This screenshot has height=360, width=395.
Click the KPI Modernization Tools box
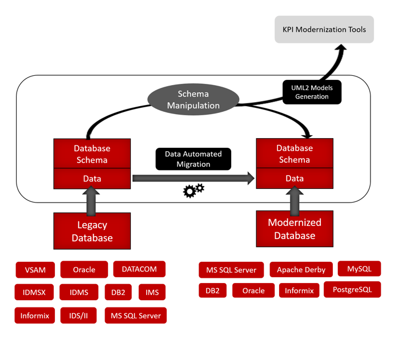pyautogui.click(x=324, y=29)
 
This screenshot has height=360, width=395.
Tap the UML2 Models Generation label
pyautogui.click(x=312, y=92)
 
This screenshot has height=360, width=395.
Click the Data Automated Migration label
pyautogui.click(x=193, y=159)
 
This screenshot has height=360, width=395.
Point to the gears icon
pyautogui.click(x=194, y=190)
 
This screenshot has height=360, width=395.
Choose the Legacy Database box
pyautogui.click(x=92, y=231)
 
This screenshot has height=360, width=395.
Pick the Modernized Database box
pyautogui.click(x=295, y=229)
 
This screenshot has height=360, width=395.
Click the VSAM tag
pyautogui.click(x=35, y=269)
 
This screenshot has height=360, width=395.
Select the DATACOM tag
pyautogui.click(x=139, y=269)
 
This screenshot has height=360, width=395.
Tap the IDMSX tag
pyautogui.click(x=34, y=292)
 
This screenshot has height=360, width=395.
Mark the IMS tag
pyautogui.click(x=152, y=292)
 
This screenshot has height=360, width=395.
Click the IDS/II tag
pyautogui.click(x=79, y=315)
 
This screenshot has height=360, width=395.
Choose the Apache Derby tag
pyautogui.click(x=301, y=270)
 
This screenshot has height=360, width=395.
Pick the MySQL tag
pyautogui.click(x=359, y=269)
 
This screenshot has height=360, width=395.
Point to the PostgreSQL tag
pyautogui.click(x=352, y=290)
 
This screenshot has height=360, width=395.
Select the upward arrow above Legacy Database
pyautogui.click(x=92, y=200)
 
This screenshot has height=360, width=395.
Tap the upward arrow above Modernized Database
pyautogui.click(x=295, y=200)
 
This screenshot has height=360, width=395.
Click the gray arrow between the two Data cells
pyautogui.click(x=193, y=179)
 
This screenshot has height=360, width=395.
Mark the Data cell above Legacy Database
pyautogui.click(x=92, y=179)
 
